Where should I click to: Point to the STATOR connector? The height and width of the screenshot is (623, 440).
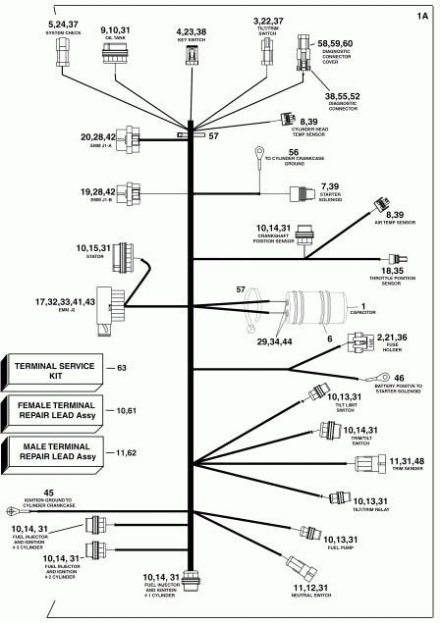(125, 258)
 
